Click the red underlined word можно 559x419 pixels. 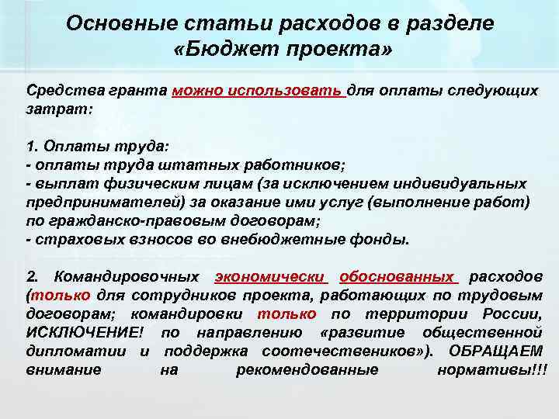(x=196, y=90)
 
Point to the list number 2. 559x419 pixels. (x=31, y=276)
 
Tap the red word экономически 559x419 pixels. (x=270, y=276)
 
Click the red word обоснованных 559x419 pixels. (x=397, y=276)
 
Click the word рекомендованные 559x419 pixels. (x=307, y=370)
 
